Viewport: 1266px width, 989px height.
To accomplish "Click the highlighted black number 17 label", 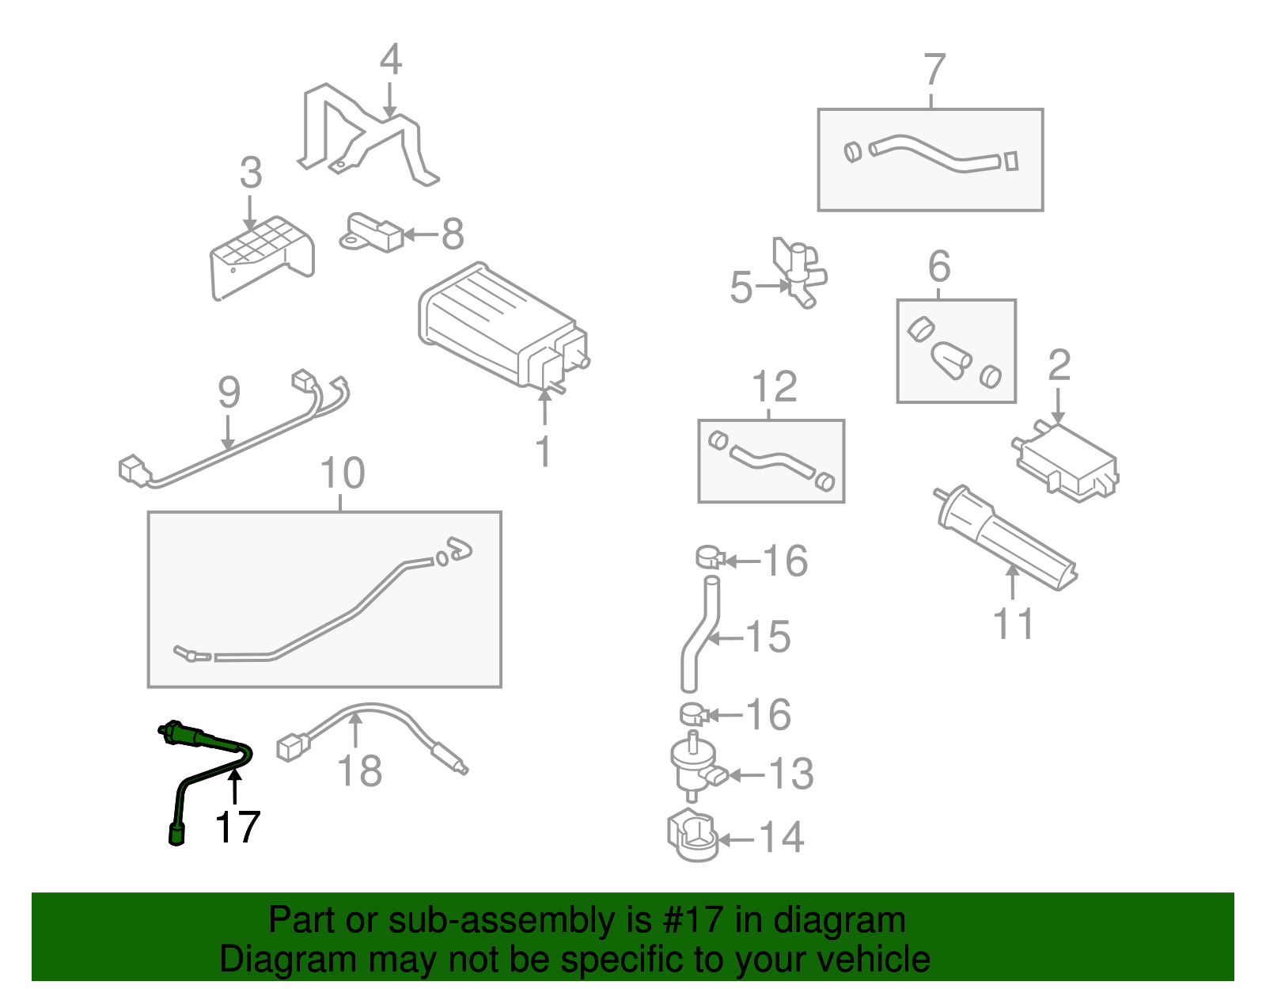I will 237,827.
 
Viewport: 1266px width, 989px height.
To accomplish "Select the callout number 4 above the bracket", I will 390,60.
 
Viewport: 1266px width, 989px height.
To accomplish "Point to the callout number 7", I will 934,70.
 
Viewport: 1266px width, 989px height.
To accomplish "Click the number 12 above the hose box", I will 774,387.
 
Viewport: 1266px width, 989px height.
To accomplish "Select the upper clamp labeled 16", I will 711,557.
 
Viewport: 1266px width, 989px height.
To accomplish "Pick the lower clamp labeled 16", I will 694,714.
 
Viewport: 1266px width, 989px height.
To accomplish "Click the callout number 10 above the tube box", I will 342,474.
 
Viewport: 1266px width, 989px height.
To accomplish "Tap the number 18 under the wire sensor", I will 360,770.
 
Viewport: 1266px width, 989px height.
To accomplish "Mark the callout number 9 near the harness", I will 229,393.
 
